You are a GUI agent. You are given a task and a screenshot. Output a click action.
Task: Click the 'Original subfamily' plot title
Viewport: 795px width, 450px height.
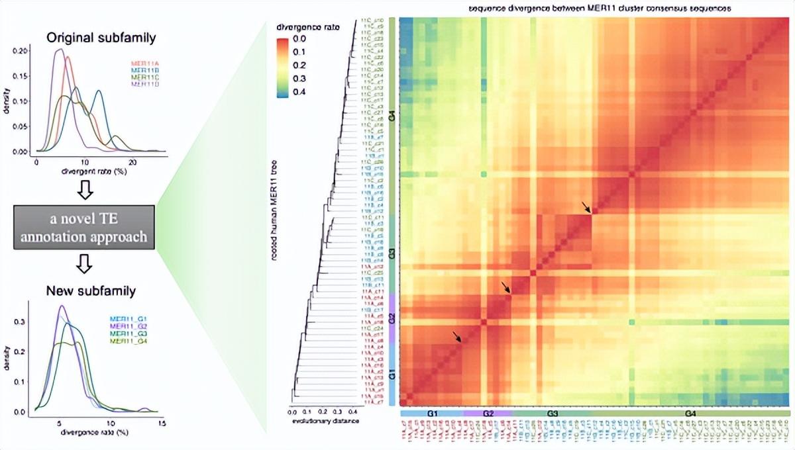click(x=101, y=38)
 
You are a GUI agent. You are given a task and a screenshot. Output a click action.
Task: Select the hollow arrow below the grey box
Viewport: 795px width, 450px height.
click(x=85, y=265)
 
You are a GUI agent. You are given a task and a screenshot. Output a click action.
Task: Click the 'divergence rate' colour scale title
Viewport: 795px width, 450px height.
click(x=299, y=28)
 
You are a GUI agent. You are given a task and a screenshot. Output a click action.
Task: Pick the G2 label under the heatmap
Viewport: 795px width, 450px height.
click(x=488, y=414)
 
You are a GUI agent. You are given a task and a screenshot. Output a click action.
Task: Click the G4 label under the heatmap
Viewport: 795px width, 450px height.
click(x=690, y=414)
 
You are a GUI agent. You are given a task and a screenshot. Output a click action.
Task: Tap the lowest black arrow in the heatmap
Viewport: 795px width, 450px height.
click(x=457, y=337)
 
